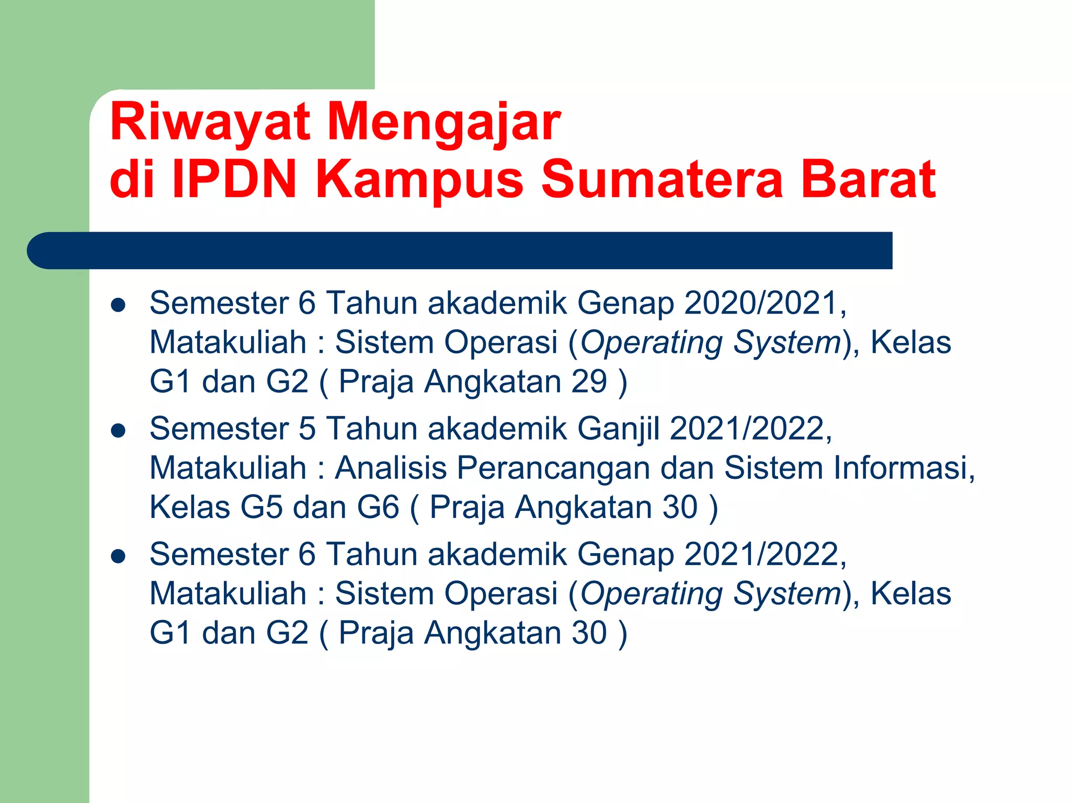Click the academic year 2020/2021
761,303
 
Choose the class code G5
261,507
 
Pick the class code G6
378,507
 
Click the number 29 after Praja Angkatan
589,382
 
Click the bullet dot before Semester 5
119,431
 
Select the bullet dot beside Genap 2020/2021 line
119,305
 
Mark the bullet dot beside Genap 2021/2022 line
119,556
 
